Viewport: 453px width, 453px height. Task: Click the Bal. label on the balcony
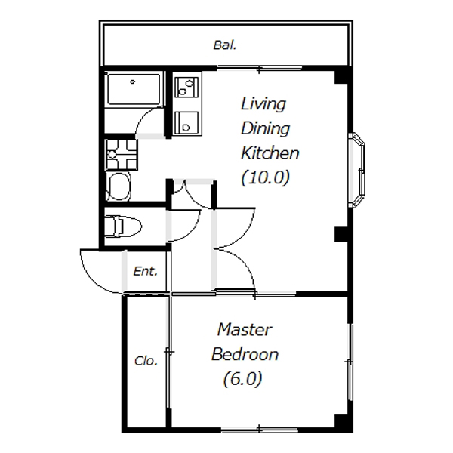225,45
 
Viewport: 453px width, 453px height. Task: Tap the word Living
263,104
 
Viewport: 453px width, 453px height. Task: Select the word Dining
265,129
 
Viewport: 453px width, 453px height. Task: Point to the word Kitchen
270,153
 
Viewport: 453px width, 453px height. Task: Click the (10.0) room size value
265,177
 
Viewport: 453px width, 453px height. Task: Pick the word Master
245,330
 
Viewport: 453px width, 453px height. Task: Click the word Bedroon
245,355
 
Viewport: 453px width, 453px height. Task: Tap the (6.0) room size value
242,379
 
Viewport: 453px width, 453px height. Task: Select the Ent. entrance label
145,271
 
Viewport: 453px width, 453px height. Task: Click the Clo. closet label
146,361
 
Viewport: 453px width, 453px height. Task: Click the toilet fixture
123,226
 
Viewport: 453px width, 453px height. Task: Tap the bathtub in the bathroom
134,89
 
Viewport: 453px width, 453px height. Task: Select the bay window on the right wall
358,170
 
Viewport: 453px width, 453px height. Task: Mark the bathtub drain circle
133,82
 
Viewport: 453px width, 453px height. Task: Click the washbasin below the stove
119,186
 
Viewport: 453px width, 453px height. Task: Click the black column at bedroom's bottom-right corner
341,421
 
